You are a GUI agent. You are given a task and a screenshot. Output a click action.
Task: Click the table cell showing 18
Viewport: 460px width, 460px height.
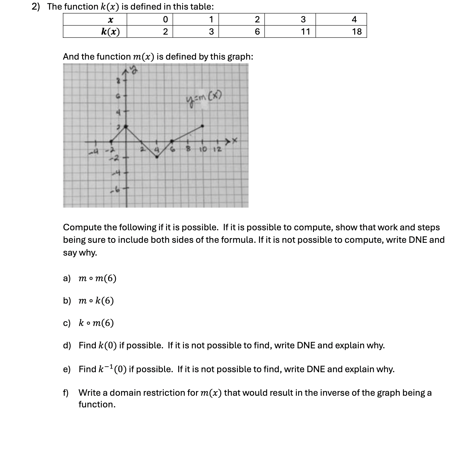tap(357, 31)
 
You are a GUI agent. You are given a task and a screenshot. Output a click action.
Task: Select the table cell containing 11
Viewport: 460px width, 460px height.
tap(305, 31)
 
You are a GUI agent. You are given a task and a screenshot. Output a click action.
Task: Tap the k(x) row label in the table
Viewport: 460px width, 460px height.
tap(110, 31)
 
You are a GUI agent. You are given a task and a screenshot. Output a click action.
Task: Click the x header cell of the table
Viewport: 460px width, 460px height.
tap(110, 19)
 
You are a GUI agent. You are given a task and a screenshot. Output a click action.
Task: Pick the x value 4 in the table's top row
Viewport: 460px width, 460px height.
tap(354, 19)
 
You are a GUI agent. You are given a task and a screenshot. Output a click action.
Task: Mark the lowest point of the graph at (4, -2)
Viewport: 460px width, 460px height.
tap(157, 157)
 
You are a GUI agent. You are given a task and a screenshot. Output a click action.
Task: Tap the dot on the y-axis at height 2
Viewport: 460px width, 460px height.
tap(126, 126)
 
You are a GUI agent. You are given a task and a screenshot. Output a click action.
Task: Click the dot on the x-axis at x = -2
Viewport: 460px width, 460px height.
tap(111, 141)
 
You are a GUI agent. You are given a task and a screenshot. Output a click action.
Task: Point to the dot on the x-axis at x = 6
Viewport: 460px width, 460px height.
tap(172, 141)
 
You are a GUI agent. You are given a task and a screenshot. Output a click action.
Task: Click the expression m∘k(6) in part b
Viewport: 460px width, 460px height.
tap(96, 301)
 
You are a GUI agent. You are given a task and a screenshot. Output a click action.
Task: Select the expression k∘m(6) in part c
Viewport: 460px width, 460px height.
tap(96, 323)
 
